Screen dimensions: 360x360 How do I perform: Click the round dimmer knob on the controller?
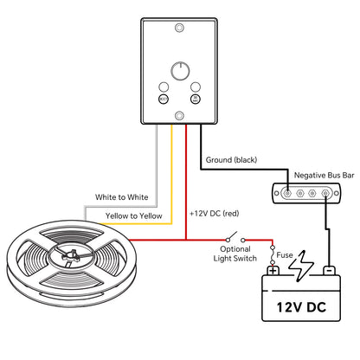tap(179, 68)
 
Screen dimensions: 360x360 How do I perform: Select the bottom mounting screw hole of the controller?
tap(179, 114)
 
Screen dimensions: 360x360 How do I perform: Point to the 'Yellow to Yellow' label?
tap(133, 215)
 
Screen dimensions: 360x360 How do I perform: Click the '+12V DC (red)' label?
tap(214, 212)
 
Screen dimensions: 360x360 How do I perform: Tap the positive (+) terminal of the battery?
tap(273, 271)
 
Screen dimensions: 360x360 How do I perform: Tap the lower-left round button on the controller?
tap(162, 99)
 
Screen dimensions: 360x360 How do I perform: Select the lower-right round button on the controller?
tap(196, 99)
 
